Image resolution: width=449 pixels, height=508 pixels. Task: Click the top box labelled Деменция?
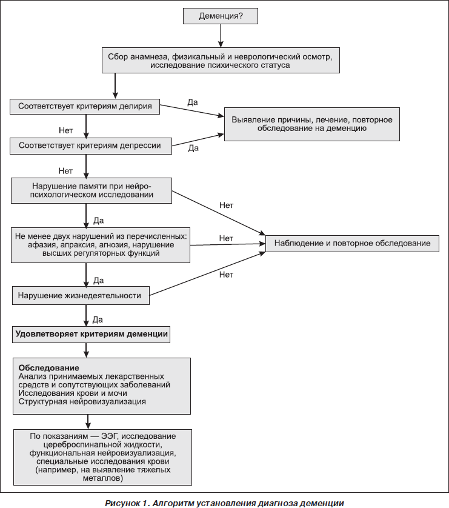221,16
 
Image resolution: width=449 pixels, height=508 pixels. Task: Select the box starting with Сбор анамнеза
221,61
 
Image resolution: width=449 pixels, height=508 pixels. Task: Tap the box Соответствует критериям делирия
85,107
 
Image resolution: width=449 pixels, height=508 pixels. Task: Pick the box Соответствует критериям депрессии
91,145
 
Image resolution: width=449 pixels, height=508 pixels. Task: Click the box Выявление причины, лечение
312,124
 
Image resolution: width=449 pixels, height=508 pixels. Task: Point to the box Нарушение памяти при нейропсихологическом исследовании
91,190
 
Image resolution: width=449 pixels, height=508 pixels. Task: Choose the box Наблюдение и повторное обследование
352,243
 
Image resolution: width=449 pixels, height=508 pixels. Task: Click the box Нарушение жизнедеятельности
81,295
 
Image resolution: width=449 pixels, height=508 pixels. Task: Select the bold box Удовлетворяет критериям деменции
91,334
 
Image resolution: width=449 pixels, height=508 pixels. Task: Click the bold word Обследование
48,368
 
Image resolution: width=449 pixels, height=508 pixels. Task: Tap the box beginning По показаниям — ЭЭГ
102,457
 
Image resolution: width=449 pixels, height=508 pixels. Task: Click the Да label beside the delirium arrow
193,102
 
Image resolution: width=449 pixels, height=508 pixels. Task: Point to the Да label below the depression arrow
193,149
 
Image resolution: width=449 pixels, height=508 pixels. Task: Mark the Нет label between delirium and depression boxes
65,130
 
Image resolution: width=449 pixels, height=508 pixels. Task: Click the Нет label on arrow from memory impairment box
226,205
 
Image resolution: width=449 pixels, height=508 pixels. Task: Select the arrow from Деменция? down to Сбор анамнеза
221,36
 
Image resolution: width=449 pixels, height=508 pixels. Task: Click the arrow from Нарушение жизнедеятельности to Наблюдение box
207,274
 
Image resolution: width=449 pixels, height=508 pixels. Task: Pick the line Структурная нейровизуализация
82,402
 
